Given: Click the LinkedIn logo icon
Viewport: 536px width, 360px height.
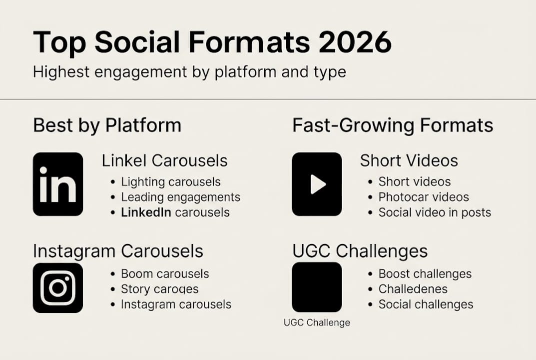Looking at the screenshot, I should coord(58,184).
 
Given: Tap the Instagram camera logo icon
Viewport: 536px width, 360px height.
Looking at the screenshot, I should coord(58,288).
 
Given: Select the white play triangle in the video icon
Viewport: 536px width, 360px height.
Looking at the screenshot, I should coord(317,184).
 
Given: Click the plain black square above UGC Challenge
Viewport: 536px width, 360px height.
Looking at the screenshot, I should coord(317,287).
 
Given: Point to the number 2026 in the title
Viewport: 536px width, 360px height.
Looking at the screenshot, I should coord(355,42).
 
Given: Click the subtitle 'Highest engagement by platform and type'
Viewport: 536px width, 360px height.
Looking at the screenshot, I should coord(189,71).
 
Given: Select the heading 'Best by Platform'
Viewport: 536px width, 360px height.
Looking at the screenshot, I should coord(107,125).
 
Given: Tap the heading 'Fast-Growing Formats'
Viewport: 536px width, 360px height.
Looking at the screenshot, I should coord(393,125).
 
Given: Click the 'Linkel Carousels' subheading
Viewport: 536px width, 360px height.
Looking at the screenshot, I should coord(164,160).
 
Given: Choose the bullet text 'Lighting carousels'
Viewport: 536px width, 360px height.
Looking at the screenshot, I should coord(170,182).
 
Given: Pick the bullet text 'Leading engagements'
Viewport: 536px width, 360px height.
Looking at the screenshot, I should coord(180,197).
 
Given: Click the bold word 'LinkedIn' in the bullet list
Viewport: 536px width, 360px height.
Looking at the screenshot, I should coord(146,212).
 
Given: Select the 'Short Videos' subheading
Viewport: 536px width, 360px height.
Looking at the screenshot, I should coord(409,160).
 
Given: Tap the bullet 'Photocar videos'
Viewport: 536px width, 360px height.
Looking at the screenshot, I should coord(424,197).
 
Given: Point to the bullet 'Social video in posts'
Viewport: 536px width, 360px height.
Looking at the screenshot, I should coord(435,212).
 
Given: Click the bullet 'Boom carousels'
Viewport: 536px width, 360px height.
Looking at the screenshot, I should coord(165,274).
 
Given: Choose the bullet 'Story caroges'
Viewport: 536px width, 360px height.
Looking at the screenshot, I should coord(159,289).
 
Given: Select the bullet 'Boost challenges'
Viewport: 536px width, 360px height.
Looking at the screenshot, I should coord(425,274).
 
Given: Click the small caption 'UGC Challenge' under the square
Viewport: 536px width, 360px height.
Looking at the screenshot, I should coord(317,322).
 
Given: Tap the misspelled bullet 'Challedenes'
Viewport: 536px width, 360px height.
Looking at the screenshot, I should coord(413,289).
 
